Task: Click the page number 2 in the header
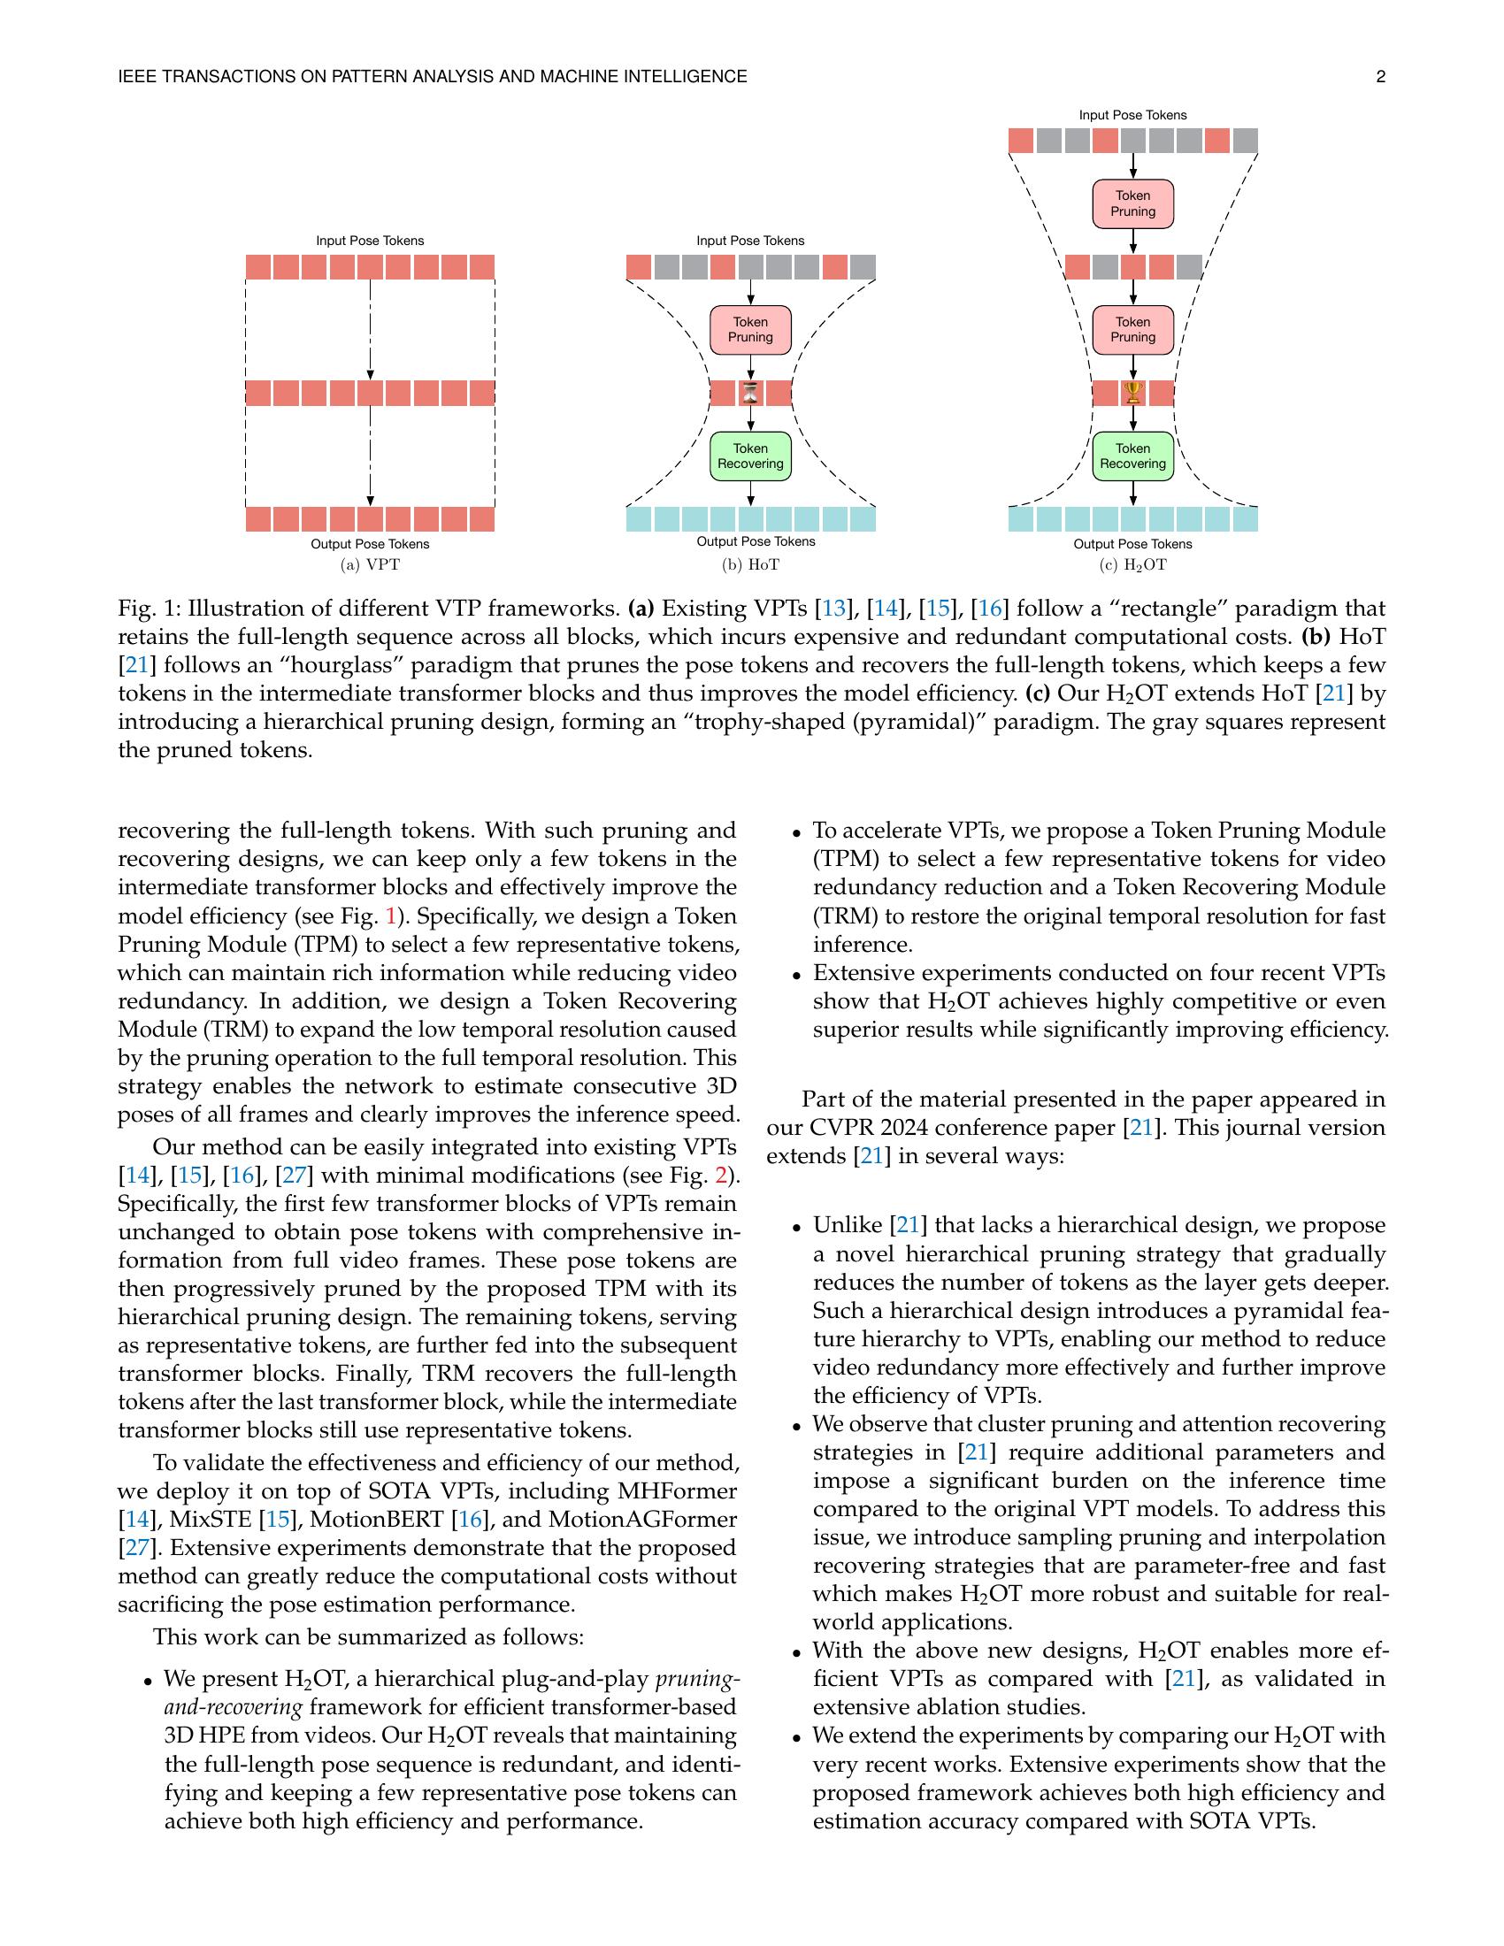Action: (x=1380, y=78)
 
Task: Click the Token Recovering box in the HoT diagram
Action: (x=750, y=456)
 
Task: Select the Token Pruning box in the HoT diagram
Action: (x=750, y=330)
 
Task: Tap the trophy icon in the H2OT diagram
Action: (x=1132, y=392)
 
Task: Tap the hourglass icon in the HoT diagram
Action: (x=751, y=393)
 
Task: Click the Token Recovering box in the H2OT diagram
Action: (x=1132, y=456)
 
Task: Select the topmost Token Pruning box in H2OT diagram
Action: (x=1132, y=203)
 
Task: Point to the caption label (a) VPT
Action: (x=370, y=565)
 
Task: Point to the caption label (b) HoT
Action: (x=750, y=565)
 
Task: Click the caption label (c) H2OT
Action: (x=1132, y=565)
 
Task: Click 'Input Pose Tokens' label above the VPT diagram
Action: (x=370, y=241)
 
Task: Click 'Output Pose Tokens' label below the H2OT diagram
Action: (x=1132, y=543)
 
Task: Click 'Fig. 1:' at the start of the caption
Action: (x=145, y=609)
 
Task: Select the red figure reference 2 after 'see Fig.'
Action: (x=721, y=1176)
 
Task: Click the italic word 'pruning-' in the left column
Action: (x=697, y=1680)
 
